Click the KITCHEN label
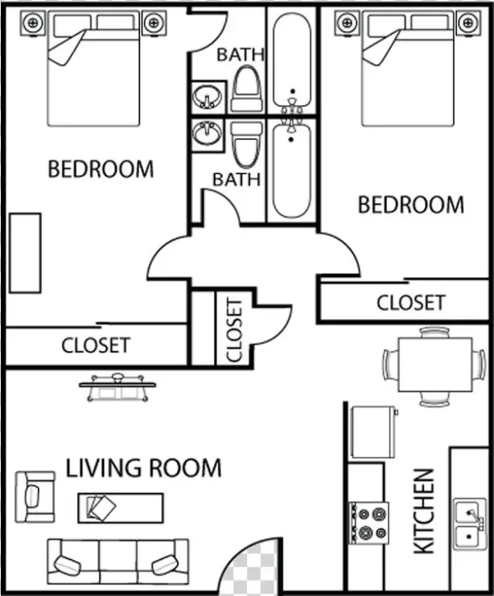click(422, 510)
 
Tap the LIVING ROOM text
click(143, 469)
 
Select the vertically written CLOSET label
click(234, 330)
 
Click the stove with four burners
click(368, 523)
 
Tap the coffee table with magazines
click(120, 506)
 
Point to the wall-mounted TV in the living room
click(119, 384)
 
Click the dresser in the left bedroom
click(25, 253)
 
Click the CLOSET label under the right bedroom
click(410, 303)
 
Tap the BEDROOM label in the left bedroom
click(100, 169)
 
